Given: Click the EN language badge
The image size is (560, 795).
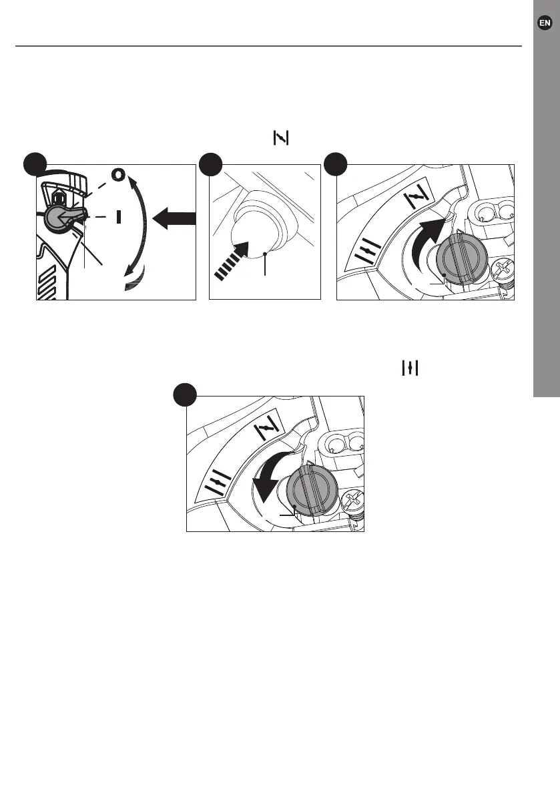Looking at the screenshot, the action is point(545,23).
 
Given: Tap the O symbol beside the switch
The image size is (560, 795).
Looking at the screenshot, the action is point(118,175).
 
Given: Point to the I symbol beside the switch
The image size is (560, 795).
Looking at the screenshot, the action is point(118,217).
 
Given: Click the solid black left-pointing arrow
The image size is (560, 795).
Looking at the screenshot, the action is point(174,218).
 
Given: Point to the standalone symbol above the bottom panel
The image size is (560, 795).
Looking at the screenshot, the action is point(409,368).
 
